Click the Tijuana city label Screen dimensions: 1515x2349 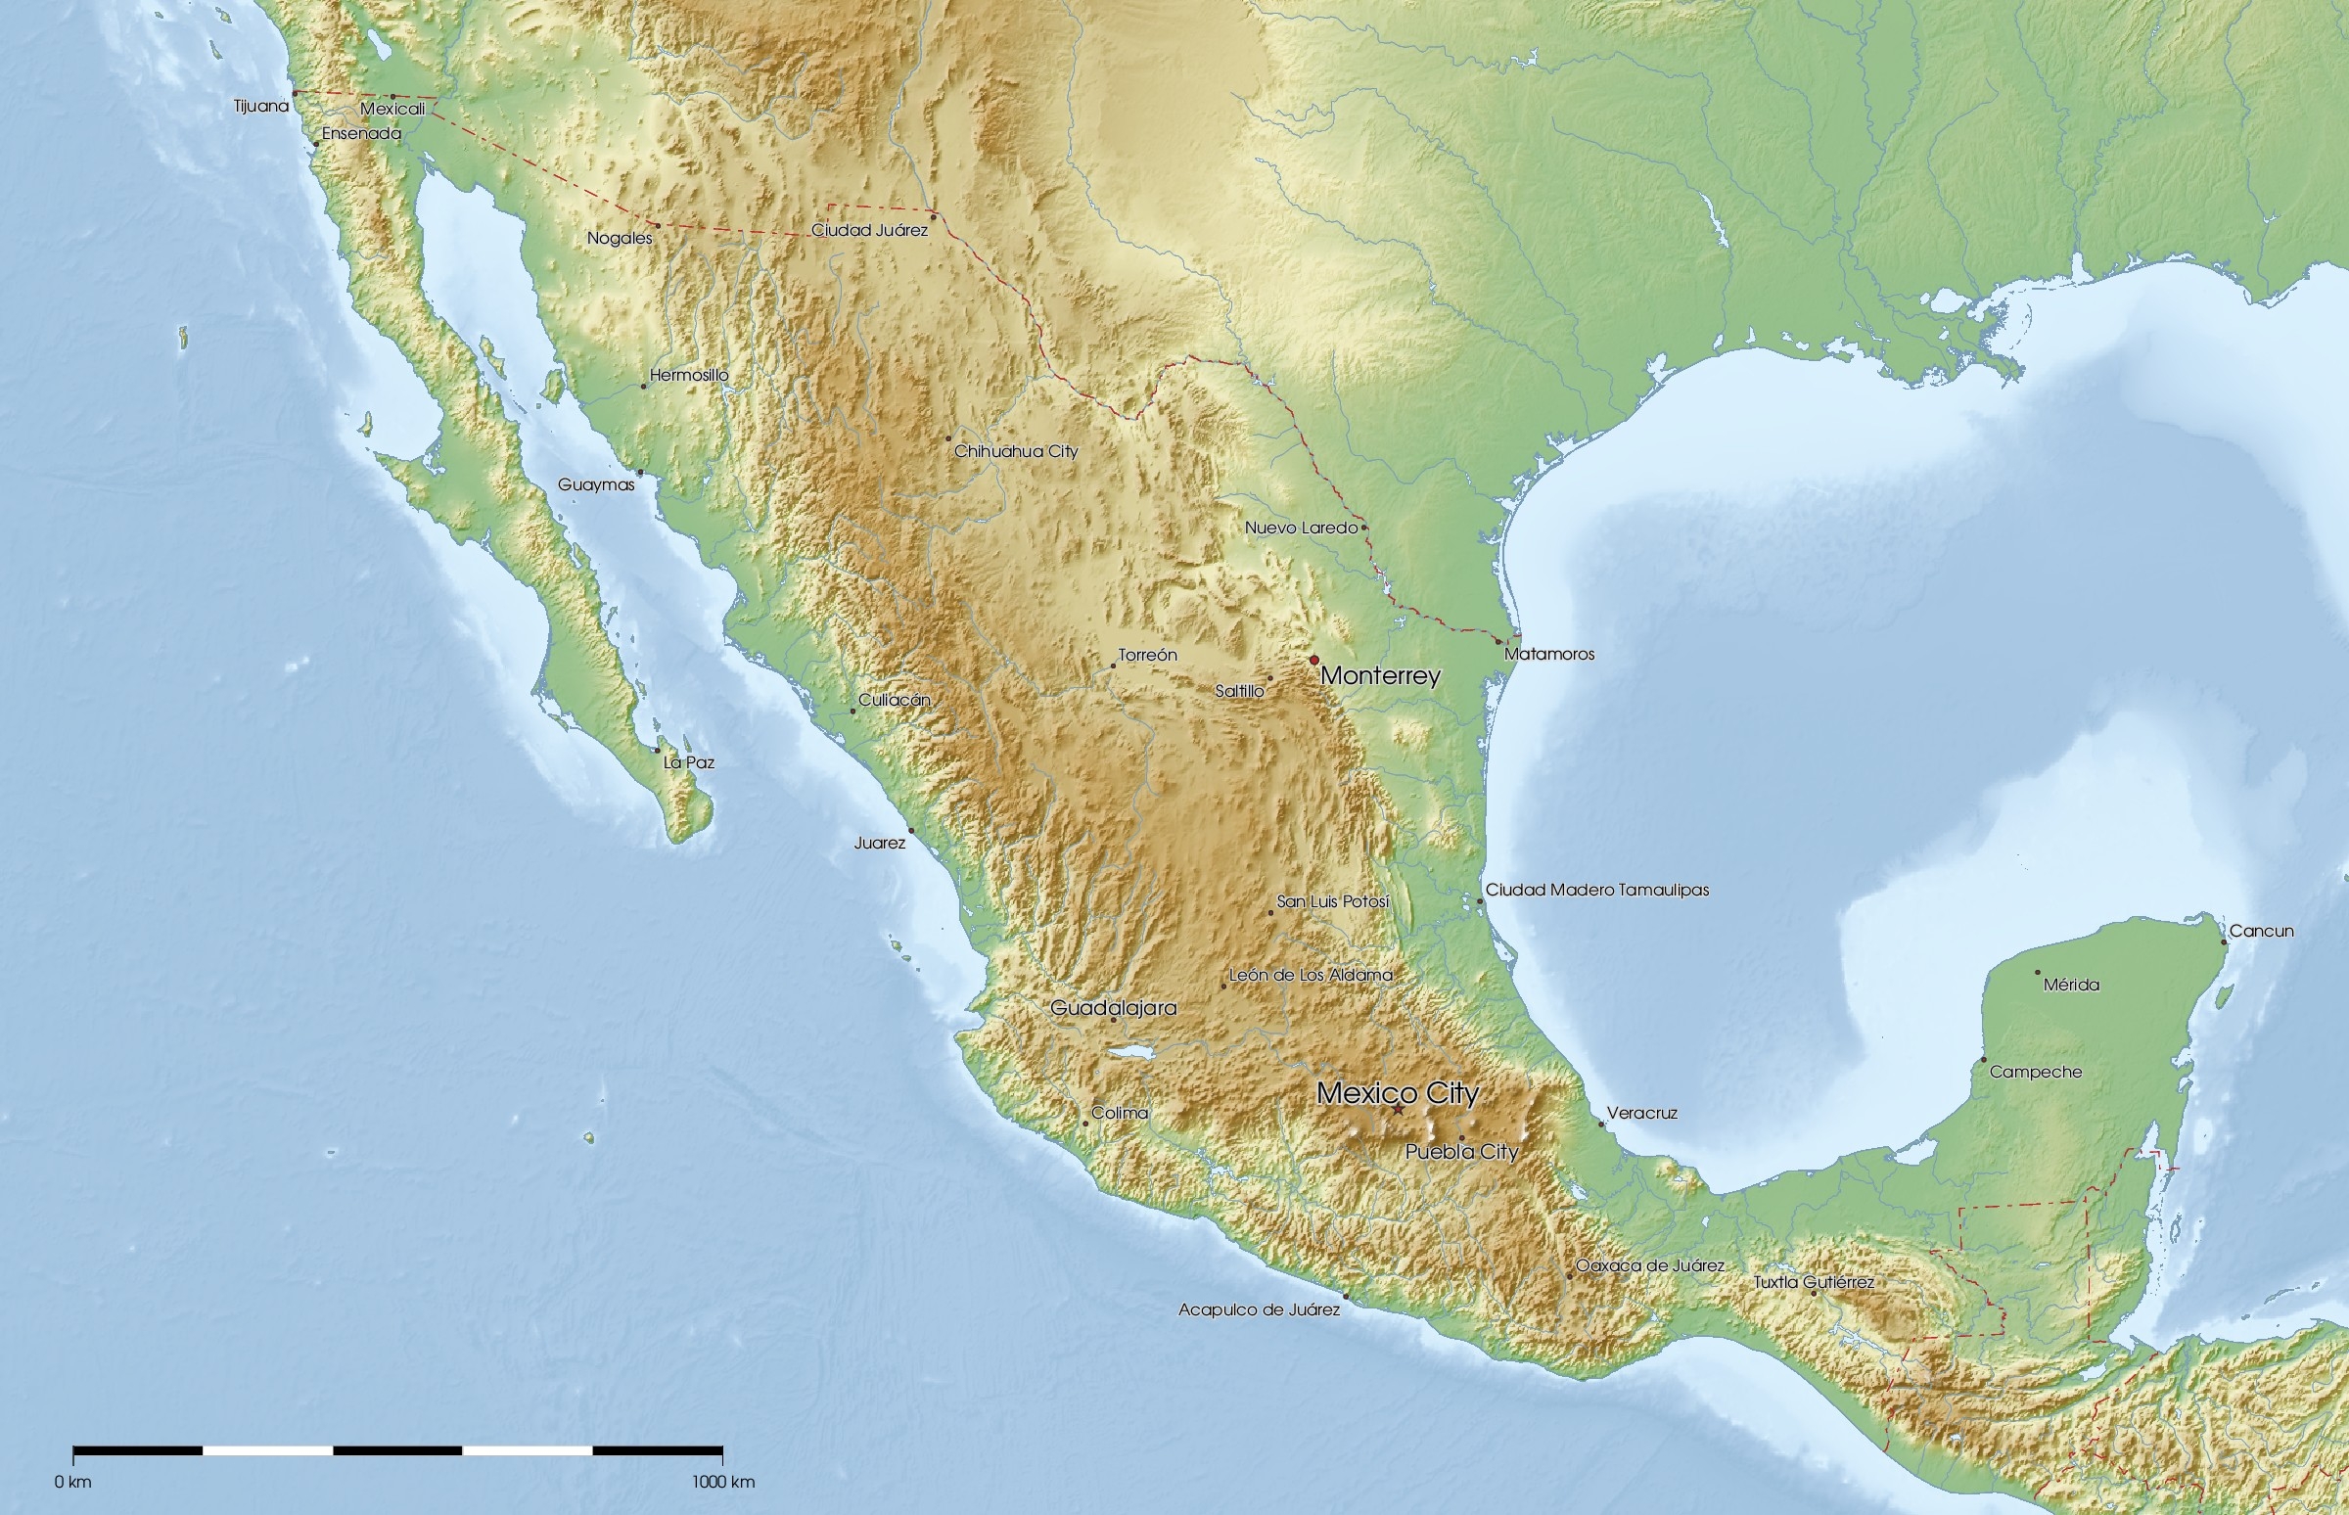[260, 107]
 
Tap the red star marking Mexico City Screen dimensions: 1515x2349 [1397, 1110]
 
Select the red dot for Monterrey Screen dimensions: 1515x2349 [1313, 660]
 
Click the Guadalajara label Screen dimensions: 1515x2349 [1113, 1007]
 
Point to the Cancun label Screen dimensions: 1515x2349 [2261, 931]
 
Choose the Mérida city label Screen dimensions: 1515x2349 [2071, 985]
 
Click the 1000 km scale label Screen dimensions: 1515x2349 [723, 1483]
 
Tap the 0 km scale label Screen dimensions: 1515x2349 [72, 1483]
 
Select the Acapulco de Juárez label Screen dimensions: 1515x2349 [1258, 1310]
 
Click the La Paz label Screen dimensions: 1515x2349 [689, 762]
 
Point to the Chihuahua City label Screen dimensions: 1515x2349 [1015, 451]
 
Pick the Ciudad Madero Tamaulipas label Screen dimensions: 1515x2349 [1596, 891]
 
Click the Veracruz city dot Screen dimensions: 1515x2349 [1600, 1124]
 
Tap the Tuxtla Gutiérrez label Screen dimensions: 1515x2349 [1814, 1283]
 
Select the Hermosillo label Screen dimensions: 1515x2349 [689, 375]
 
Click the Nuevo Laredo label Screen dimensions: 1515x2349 [1301, 528]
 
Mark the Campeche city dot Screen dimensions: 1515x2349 [1983, 1060]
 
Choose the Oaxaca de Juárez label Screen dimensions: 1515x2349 [1649, 1266]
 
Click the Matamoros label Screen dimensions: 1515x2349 [1548, 654]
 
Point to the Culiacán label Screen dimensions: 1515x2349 [894, 701]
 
